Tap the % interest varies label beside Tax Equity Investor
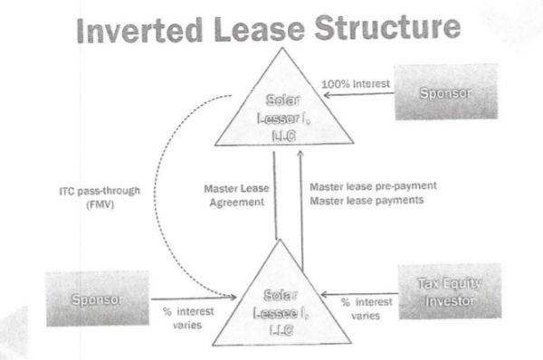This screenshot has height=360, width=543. [367, 309]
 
